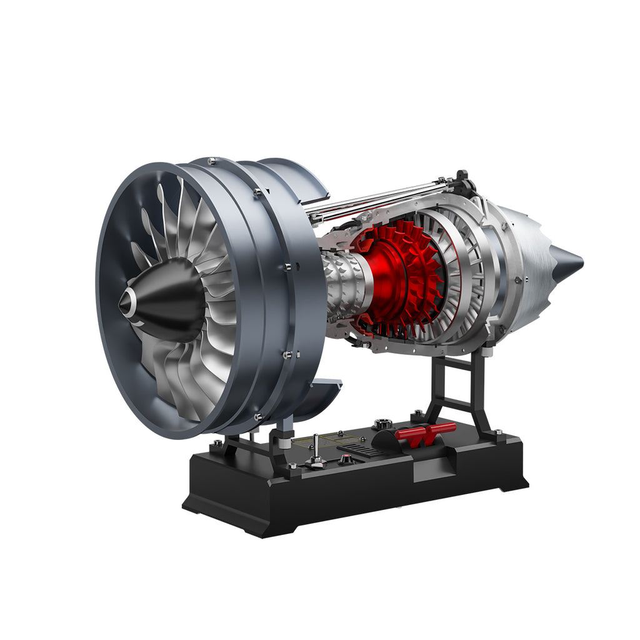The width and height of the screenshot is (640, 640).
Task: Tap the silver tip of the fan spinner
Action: tap(127, 302)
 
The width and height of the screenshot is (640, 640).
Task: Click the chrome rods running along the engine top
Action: tap(375, 199)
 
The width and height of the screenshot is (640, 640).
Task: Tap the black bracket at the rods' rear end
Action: tap(463, 183)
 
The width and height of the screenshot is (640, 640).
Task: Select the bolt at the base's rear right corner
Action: tap(497, 432)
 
